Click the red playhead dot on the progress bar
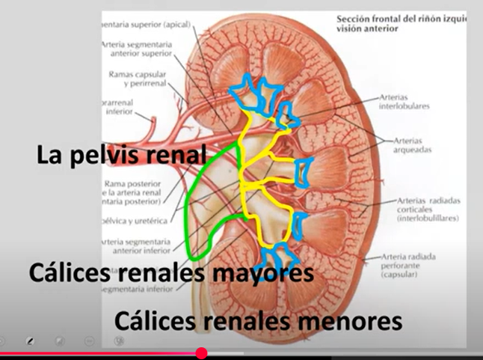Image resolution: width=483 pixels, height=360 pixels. (x=201, y=353)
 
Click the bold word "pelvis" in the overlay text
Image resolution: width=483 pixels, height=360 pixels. (x=124, y=156)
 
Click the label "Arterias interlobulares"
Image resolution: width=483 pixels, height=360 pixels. (x=404, y=102)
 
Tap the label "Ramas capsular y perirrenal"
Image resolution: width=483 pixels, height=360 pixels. (x=139, y=80)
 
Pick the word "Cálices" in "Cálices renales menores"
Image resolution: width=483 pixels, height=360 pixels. (x=153, y=322)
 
